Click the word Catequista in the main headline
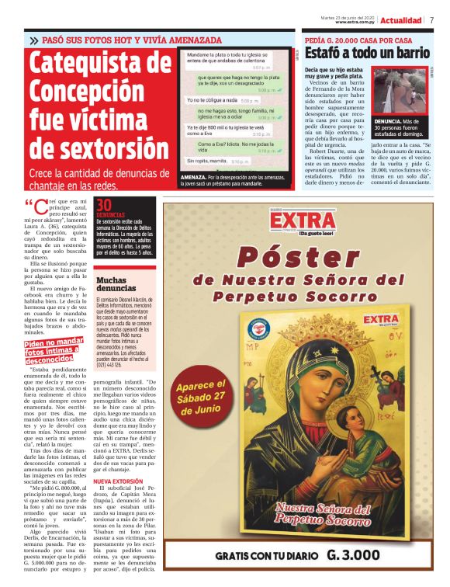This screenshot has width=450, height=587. point(100,64)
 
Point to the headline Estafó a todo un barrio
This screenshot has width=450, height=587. point(367,53)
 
